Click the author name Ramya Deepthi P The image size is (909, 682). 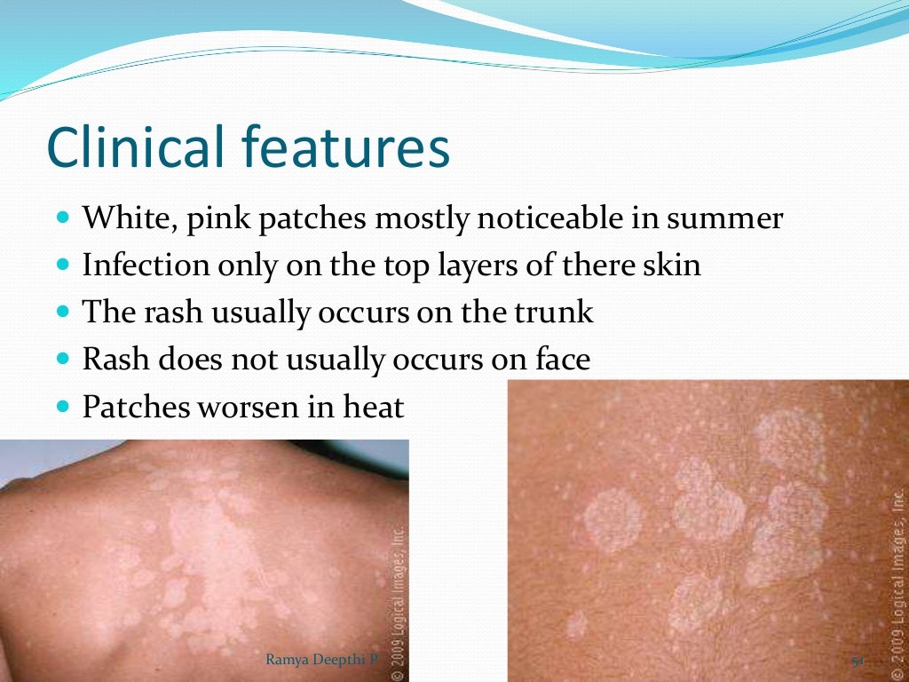316,659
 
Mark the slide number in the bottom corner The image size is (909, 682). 858,661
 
